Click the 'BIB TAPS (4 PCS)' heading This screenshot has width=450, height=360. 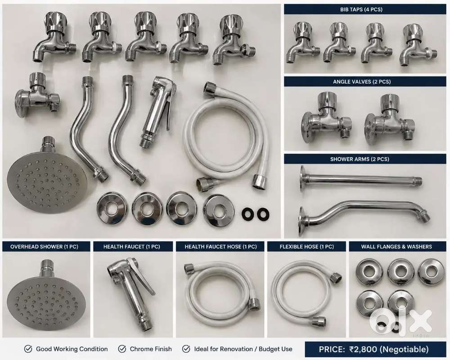361,9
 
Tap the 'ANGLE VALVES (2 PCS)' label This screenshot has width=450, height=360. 362,82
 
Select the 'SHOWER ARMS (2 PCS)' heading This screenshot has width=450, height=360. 360,159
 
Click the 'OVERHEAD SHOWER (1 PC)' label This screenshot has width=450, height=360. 44,247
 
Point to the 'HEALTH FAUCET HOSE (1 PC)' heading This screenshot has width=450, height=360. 220,247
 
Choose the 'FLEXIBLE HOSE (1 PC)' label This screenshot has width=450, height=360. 306,247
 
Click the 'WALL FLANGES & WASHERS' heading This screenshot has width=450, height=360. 396,247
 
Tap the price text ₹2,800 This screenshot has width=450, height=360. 363,349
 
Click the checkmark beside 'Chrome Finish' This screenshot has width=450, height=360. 122,349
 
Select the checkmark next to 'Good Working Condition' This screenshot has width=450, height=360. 28,349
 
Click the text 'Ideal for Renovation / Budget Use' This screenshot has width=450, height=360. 243,349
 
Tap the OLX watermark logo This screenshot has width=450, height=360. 401,322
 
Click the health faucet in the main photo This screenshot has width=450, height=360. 157,111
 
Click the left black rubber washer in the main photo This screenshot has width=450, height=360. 247,214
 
